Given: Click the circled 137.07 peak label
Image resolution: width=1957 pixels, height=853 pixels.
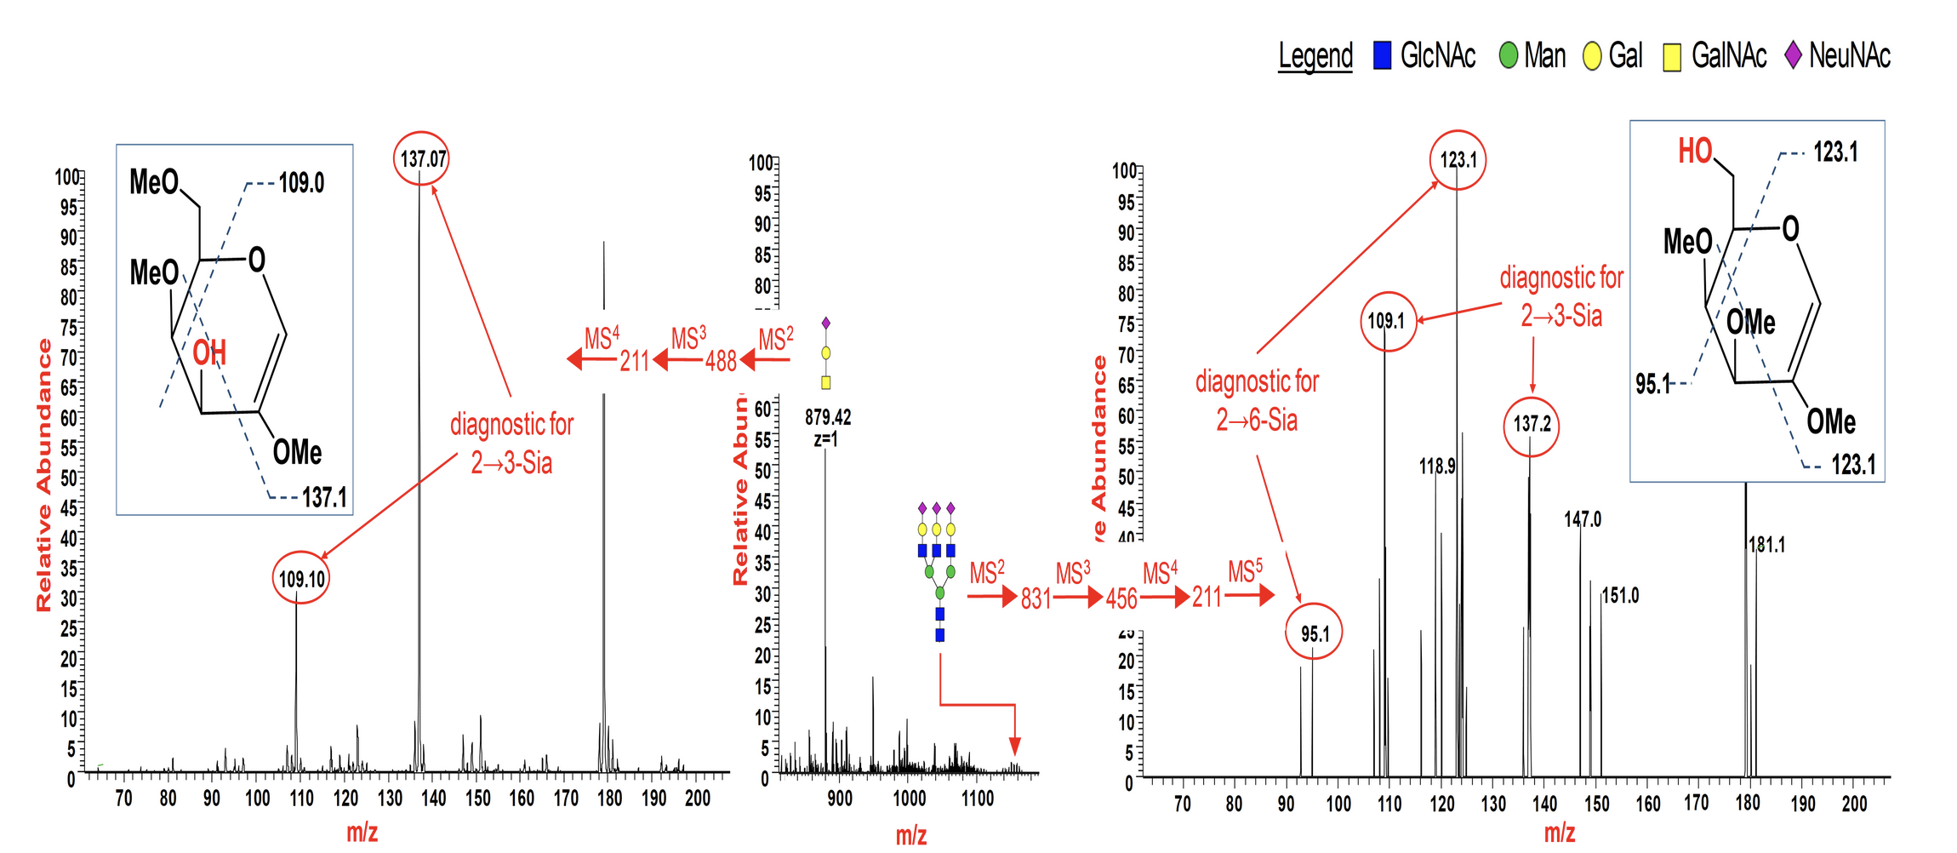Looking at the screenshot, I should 421,158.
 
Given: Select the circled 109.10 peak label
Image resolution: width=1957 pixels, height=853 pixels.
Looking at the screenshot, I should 301,579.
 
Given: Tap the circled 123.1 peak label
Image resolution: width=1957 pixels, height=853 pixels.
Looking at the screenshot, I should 1458,159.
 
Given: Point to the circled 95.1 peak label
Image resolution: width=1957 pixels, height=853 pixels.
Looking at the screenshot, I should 1314,633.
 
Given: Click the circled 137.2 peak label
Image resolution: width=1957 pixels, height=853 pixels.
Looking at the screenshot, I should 1532,424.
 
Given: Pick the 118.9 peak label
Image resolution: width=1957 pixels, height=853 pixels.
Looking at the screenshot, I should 1437,467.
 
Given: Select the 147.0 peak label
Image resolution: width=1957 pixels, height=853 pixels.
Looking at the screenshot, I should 1582,519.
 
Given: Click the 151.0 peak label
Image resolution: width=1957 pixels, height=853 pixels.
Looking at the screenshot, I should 1620,595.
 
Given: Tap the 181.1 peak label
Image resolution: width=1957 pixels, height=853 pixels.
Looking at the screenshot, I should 1767,545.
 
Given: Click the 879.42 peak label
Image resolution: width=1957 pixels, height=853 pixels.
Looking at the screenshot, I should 827,417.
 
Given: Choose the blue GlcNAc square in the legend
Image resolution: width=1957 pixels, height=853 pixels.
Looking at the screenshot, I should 1383,56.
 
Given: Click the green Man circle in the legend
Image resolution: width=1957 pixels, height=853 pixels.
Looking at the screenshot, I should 1508,56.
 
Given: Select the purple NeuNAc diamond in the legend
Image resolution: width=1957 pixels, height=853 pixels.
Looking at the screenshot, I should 1793,55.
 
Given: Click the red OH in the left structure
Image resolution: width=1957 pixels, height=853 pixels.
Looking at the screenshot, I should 209,352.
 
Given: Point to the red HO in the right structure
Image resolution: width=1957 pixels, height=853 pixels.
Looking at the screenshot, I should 1694,152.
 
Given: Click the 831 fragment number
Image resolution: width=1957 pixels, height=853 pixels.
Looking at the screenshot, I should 1036,598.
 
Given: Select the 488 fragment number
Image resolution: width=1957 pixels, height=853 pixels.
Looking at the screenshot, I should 721,361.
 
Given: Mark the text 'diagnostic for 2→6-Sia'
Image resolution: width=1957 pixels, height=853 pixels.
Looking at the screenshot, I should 1257,400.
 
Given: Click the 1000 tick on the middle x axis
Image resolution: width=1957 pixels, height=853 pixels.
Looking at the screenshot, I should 909,798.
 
